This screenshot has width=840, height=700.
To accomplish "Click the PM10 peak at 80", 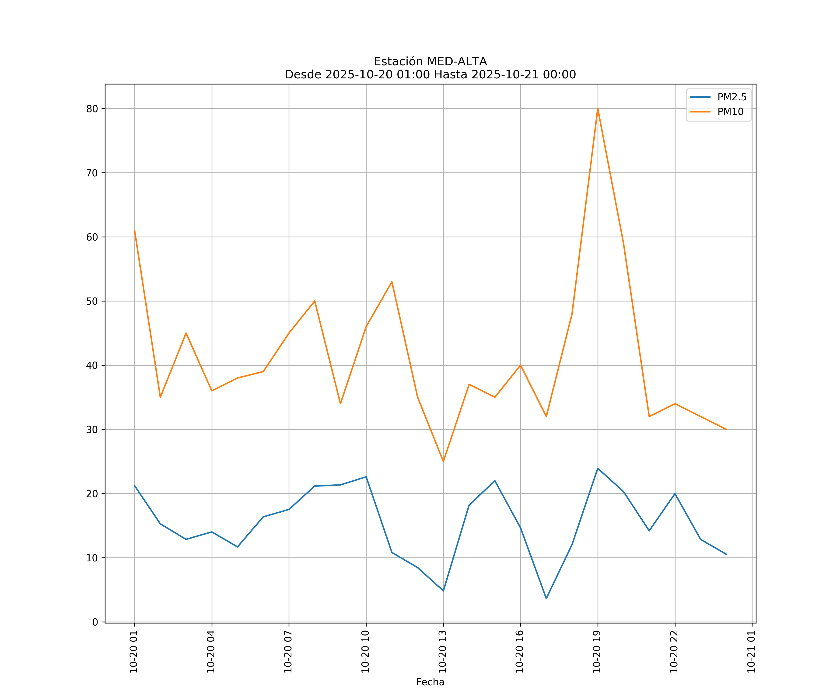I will coord(598,109).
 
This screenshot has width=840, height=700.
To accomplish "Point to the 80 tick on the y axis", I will coord(92,109).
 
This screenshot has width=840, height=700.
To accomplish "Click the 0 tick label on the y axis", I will coord(95,622).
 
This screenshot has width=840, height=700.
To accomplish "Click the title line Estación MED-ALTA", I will coord(430,62).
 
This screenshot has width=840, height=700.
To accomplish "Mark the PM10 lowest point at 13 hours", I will coord(443,461).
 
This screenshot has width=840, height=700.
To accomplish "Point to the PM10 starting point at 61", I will coord(134,230).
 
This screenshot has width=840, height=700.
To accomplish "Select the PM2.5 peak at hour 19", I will coord(598,468).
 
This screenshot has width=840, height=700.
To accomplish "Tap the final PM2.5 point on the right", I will coord(726,554).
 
